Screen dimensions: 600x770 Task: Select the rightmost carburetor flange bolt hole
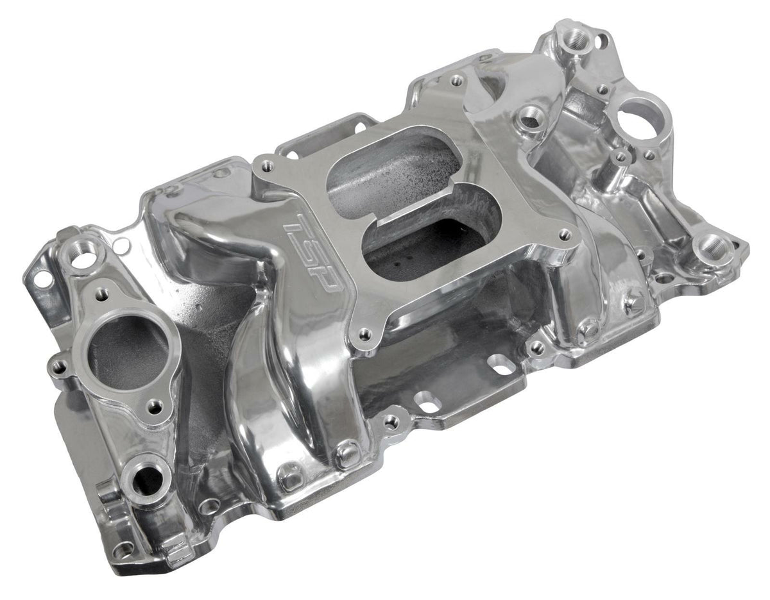point(565,235)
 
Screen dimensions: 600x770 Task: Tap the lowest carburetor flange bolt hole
point(364,333)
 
